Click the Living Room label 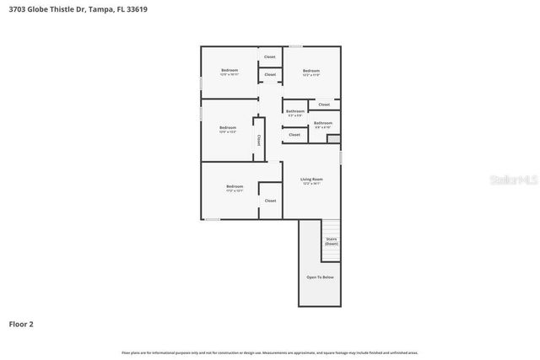[311, 180]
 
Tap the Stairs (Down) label [331, 241]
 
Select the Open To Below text [320, 277]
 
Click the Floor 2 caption [21, 323]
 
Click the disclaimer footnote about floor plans [269, 352]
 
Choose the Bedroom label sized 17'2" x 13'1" [234, 187]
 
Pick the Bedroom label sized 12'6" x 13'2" [228, 129]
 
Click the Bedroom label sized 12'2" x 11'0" [310, 73]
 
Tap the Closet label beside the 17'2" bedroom [270, 201]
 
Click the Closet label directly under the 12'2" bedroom [324, 105]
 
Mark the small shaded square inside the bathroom [332, 139]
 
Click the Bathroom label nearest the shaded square [322, 124]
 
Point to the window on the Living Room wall [340, 158]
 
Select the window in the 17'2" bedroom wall [213, 219]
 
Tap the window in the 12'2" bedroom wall [295, 46]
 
